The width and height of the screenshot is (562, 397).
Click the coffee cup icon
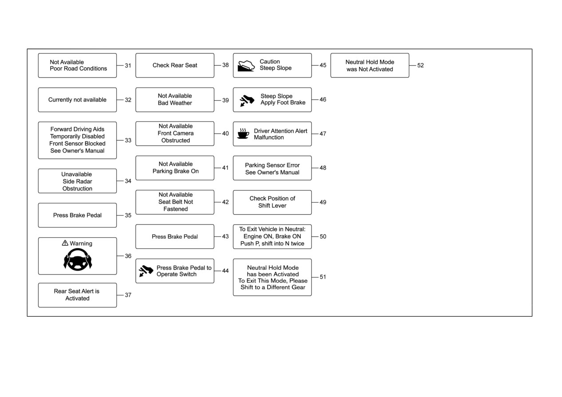point(243,134)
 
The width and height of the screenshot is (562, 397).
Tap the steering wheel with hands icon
point(78,259)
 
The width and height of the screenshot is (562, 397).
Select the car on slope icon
point(246,66)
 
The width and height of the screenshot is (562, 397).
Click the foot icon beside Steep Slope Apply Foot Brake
point(247,101)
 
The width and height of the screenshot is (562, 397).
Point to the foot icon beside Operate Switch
point(146,271)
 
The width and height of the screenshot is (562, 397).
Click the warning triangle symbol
point(65,243)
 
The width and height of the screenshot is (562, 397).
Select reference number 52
point(420,65)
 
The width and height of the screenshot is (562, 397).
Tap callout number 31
point(128,65)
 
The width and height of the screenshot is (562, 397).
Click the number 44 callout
point(226,271)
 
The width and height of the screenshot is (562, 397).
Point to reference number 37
point(128,295)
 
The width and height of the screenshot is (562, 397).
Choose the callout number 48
point(323,168)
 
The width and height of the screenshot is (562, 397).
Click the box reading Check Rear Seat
point(175,65)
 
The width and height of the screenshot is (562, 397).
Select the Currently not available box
point(77,100)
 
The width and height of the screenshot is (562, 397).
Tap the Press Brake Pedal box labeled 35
point(77,215)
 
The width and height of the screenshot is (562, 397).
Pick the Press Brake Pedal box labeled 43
point(175,236)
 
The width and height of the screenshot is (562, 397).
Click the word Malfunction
point(269,138)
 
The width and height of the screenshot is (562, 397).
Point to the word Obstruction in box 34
point(77,189)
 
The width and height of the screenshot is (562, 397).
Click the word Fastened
point(176,209)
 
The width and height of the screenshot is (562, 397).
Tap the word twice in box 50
point(297,244)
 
